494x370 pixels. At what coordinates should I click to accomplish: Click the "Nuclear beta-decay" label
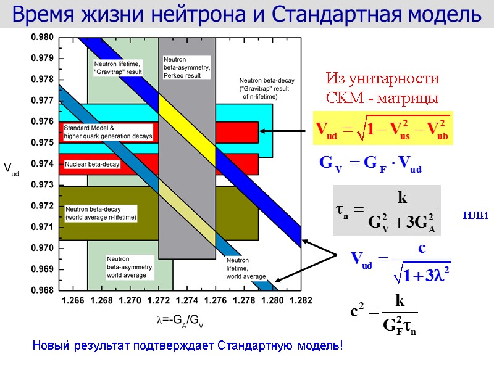(92, 165)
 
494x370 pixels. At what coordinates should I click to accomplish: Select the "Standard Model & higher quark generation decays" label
(108, 131)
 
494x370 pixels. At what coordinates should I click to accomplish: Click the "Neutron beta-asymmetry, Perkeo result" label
(186, 67)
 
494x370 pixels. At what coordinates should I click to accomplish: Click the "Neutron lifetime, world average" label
(245, 268)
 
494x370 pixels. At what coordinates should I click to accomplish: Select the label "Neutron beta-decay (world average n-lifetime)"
(101, 213)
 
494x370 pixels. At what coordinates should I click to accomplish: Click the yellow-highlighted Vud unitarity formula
(382, 129)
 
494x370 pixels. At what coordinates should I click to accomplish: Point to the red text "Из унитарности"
(382, 79)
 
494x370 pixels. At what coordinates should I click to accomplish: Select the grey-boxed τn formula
(387, 211)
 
